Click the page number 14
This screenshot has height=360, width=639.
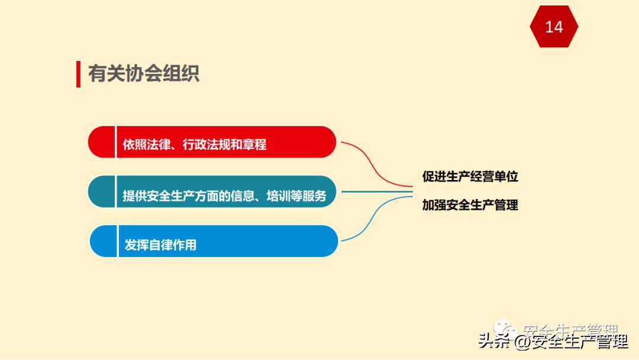click(x=554, y=27)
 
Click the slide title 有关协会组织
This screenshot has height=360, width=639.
click(x=144, y=73)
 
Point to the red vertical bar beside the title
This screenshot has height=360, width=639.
click(x=78, y=73)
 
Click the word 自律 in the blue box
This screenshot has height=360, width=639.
click(x=160, y=245)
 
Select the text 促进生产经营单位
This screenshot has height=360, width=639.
click(x=470, y=176)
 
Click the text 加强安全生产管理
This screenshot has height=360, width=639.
click(x=470, y=205)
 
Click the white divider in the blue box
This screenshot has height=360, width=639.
click(x=118, y=241)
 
